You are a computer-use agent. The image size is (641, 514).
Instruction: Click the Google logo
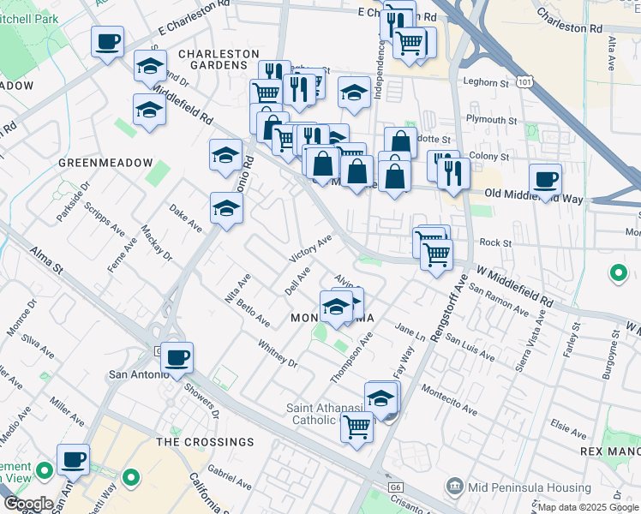pos(27,504)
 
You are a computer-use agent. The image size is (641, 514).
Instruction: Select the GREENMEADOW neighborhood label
pos(105,163)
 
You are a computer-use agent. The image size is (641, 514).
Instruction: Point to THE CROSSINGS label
pos(205,442)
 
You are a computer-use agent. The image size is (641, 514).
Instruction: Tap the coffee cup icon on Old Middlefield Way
pos(545,180)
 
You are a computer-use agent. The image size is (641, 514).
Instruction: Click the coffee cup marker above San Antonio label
pos(177,357)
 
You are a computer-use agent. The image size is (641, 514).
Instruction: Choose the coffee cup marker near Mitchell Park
pos(108,41)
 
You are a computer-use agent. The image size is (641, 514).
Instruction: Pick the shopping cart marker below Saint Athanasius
pos(356,426)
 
